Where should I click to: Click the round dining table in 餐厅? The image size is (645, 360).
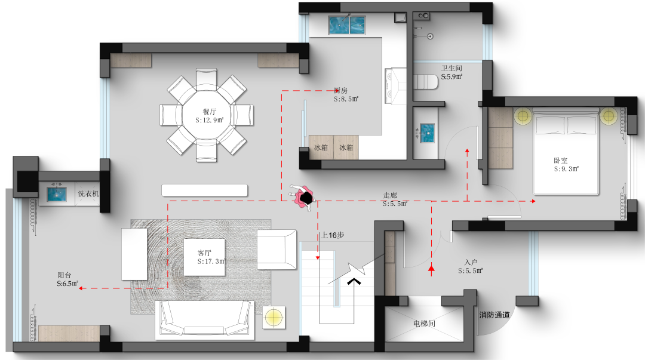[207, 115]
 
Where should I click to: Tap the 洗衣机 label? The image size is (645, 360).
[88, 193]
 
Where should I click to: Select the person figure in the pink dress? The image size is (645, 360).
[303, 198]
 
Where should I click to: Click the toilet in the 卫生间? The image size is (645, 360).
[426, 81]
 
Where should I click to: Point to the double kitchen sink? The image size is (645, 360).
[347, 25]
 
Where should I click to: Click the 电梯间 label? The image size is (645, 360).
[424, 324]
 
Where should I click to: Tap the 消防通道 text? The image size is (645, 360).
[494, 315]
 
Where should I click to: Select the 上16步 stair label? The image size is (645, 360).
[333, 235]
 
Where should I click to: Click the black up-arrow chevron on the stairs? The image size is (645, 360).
[354, 281]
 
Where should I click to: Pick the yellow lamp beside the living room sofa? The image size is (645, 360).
[274, 317]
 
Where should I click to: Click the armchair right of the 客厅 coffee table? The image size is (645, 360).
[277, 250]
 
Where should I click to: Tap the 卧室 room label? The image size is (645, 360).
[561, 161]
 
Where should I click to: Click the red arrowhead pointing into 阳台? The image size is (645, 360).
[82, 288]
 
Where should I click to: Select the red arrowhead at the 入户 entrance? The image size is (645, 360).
[431, 269]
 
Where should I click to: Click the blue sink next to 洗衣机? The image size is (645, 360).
[57, 194]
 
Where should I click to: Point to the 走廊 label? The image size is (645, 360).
[390, 195]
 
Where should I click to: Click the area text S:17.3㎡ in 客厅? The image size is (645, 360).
[211, 261]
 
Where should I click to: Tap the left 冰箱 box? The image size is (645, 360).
[321, 147]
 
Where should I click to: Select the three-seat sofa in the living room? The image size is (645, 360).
[204, 320]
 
